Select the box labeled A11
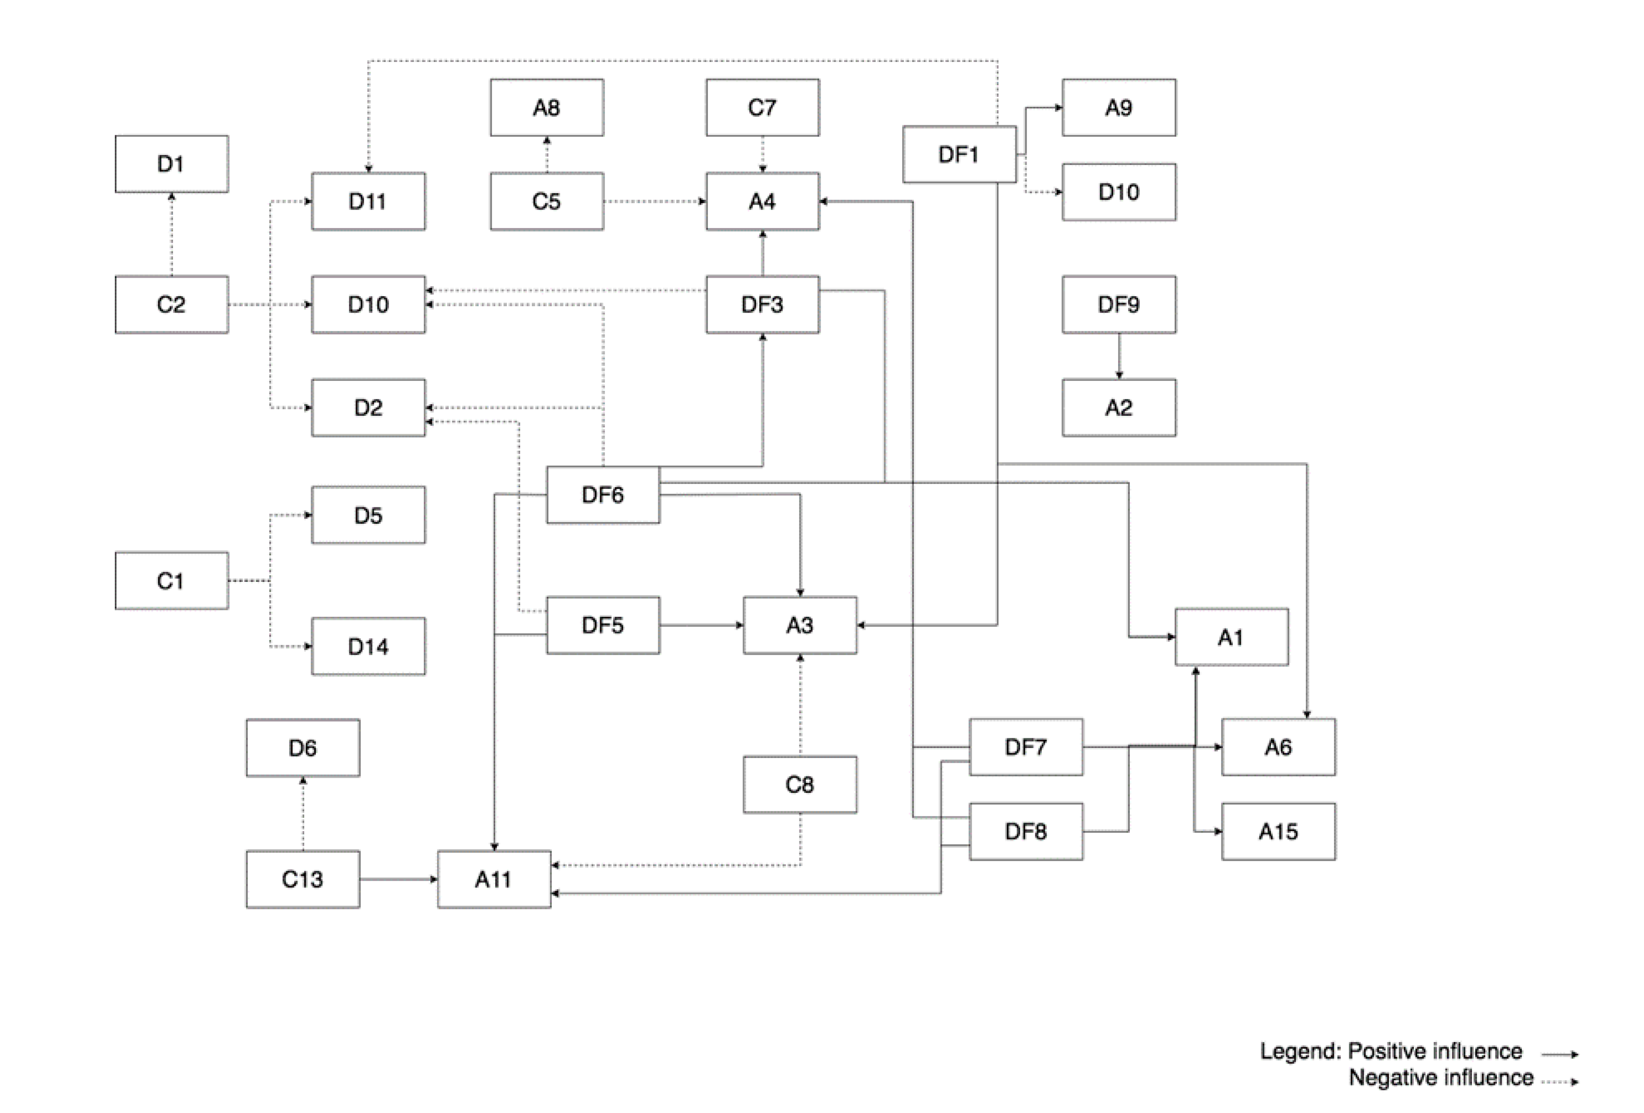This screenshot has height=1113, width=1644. (494, 879)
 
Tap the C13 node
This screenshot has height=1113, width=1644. (303, 879)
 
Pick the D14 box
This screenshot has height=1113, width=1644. (368, 646)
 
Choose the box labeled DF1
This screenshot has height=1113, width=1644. (959, 154)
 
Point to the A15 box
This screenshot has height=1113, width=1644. (1278, 831)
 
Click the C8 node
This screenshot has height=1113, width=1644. (800, 784)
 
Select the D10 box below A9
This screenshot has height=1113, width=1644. (1119, 191)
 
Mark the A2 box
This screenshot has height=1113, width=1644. (1119, 407)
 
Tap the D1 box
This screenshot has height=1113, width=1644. (171, 163)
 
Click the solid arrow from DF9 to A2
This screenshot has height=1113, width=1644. (1119, 355)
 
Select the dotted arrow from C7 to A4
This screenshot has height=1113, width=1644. (762, 154)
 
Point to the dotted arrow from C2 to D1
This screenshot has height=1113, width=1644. (171, 234)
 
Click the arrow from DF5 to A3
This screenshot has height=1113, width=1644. (701, 625)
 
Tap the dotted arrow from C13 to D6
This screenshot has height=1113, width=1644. (303, 813)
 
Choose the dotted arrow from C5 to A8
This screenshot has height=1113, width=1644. (547, 154)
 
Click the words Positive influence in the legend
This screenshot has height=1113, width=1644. (1434, 1051)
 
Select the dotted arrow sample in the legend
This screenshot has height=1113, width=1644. (1560, 1081)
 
